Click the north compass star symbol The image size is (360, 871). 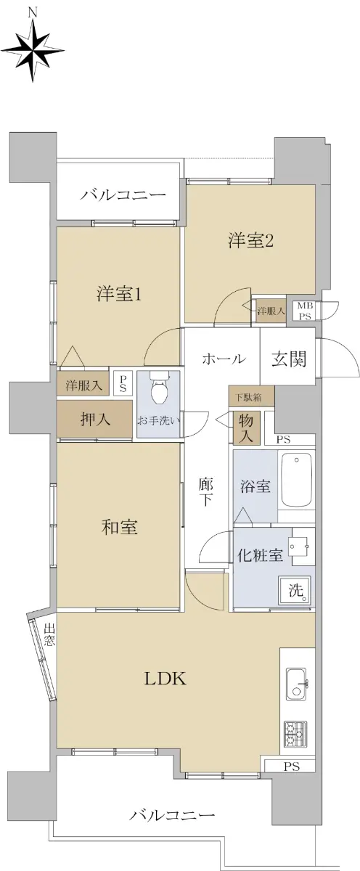tap(33, 51)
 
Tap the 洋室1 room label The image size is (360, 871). tap(118, 295)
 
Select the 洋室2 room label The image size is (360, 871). tap(250, 241)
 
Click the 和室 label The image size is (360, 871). tap(119, 527)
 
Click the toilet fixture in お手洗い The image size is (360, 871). tap(159, 385)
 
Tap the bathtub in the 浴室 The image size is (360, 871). tap(297, 481)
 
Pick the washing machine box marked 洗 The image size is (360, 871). tap(295, 591)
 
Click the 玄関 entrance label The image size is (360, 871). tap(288, 358)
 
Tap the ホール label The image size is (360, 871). tap(224, 358)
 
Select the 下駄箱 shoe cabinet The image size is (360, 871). tap(252, 397)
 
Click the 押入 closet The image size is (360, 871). tap(95, 420)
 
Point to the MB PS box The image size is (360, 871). tap(305, 311)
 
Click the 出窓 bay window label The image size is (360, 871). tap(49, 635)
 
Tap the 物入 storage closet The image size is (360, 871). tap(246, 428)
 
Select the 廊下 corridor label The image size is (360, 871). tap(205, 492)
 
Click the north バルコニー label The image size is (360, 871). tap(123, 195)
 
